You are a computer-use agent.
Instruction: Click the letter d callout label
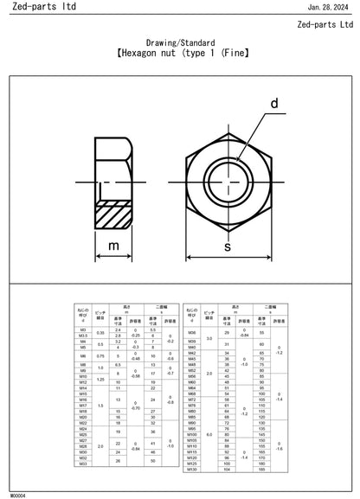pyautogui.click(x=274, y=105)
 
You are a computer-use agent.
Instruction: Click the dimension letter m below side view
pyautogui.click(x=112, y=246)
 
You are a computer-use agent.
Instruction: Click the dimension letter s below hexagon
pyautogui.click(x=228, y=247)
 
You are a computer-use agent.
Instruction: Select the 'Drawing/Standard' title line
pyautogui.click(x=180, y=42)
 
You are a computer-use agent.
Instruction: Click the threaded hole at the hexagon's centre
pyautogui.click(x=228, y=179)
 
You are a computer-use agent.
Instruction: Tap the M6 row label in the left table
pyautogui.click(x=82, y=355)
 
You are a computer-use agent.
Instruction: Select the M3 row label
pyautogui.click(x=82, y=330)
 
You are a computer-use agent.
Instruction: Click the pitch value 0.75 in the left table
pyautogui.click(x=100, y=355)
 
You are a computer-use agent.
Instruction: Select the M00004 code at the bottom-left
pyautogui.click(x=17, y=496)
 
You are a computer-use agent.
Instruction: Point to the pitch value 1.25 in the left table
pyautogui.click(x=100, y=379)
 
